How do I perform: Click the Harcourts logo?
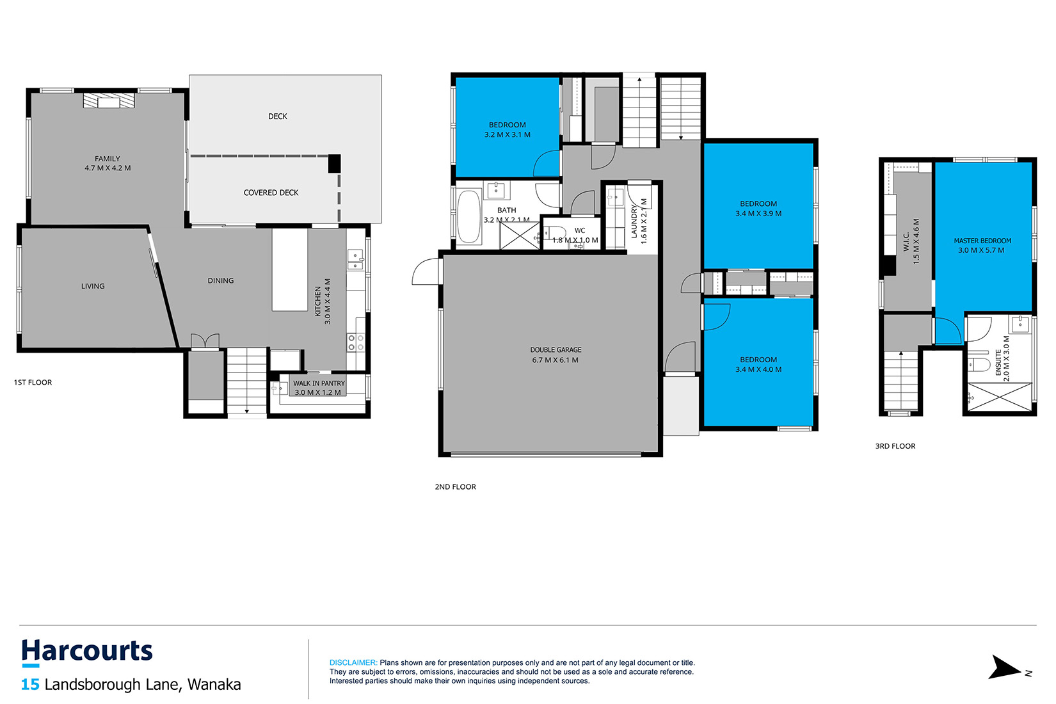(x=87, y=653)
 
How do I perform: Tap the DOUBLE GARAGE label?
(x=556, y=350)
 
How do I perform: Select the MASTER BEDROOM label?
(x=982, y=241)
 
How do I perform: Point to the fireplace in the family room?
(x=109, y=100)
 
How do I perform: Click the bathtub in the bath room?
(x=468, y=216)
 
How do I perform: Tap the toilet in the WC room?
(x=556, y=232)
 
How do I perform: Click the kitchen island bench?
(x=290, y=269)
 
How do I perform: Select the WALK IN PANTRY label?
(x=319, y=383)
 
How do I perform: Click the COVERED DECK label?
(x=271, y=193)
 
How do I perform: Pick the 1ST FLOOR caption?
(x=33, y=383)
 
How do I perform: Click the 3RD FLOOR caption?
(x=895, y=446)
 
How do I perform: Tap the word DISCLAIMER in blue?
(x=353, y=662)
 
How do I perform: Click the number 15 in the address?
(x=30, y=684)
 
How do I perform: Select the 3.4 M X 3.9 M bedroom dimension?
(x=758, y=214)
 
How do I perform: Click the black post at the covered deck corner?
(x=334, y=163)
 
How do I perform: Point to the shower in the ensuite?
(x=1000, y=397)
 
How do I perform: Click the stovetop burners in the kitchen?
(x=356, y=343)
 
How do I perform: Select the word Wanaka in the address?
(x=214, y=684)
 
